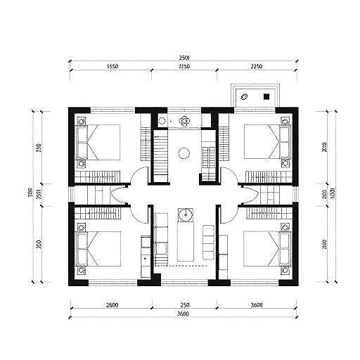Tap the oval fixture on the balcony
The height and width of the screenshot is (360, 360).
point(245,98)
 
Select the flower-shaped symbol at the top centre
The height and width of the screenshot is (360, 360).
point(184,121)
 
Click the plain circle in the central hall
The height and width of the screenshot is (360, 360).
point(184,153)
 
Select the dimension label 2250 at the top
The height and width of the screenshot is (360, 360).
point(256,67)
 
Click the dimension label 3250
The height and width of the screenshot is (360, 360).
point(184,67)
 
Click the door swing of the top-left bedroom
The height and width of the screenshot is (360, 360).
point(139,176)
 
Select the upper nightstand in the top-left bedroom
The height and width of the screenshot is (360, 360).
point(82,120)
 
